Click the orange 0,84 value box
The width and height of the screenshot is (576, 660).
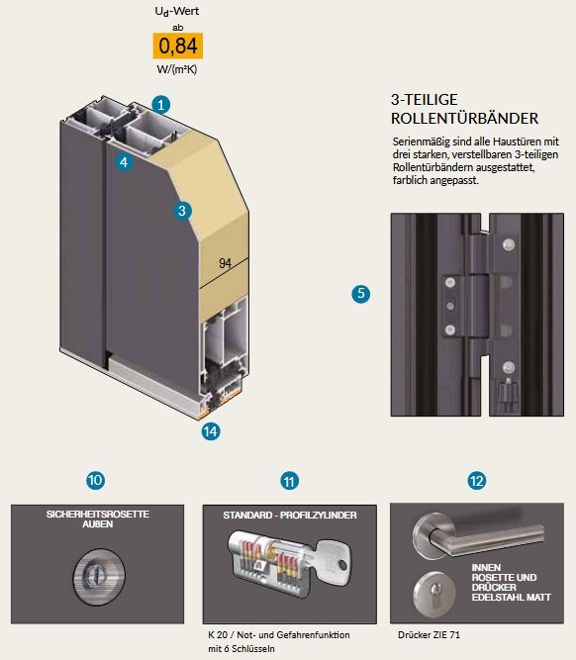[178, 46]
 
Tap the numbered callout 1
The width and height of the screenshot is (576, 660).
[161, 104]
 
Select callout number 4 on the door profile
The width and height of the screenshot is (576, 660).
[124, 162]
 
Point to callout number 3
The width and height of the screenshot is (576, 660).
[182, 211]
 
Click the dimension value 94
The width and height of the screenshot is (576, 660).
[226, 263]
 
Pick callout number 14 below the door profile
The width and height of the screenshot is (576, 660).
[211, 431]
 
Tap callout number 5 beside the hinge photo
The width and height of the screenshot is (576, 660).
[361, 293]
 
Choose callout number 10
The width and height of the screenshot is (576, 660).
[96, 480]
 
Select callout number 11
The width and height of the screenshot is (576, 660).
[289, 481]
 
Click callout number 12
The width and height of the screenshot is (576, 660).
[477, 481]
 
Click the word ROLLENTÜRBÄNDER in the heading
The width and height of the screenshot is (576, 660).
[464, 119]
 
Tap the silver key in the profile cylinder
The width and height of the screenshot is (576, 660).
[332, 562]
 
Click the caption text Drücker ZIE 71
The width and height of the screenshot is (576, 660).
[429, 634]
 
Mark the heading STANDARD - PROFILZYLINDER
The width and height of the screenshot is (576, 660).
[290, 516]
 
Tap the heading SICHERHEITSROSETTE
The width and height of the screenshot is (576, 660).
[98, 514]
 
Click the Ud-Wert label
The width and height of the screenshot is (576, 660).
[177, 11]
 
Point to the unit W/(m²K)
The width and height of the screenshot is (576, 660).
[177, 69]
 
